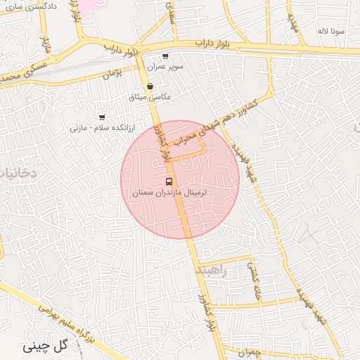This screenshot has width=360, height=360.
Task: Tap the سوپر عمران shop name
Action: [165, 66]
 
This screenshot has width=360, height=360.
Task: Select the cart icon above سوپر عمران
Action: [165, 56]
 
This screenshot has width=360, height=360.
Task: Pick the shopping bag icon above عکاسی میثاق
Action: [150, 86]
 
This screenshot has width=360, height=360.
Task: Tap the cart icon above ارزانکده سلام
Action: [103, 117]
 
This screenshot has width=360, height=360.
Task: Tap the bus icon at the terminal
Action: [167, 181]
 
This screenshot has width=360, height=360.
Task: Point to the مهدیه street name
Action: [292, 25]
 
